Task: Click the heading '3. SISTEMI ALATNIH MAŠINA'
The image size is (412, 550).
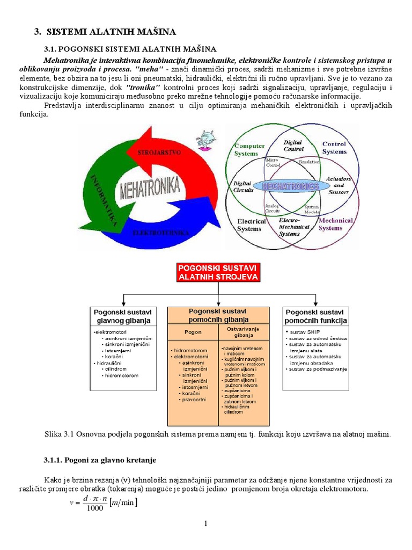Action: pyautogui.click(x=105, y=32)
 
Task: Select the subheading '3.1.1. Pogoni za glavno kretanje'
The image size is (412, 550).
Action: pyautogui.click(x=99, y=460)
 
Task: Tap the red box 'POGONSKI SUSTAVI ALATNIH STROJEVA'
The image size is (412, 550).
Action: pyautogui.click(x=218, y=272)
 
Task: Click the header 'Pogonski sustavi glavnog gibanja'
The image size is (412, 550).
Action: pyautogui.click(x=123, y=316)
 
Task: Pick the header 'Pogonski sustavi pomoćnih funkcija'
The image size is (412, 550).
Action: pyautogui.click(x=316, y=316)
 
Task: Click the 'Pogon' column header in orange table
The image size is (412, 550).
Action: pyautogui.click(x=193, y=332)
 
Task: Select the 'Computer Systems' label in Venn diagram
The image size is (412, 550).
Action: pyautogui.click(x=250, y=150)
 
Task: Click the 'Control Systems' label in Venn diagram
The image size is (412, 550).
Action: pyautogui.click(x=334, y=148)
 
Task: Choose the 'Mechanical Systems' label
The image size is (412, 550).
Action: pyautogui.click(x=336, y=224)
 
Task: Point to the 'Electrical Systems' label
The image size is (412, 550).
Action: pyautogui.click(x=252, y=225)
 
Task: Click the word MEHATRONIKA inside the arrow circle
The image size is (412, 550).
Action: pyautogui.click(x=150, y=189)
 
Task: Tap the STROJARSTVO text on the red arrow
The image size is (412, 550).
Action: pyautogui.click(x=159, y=153)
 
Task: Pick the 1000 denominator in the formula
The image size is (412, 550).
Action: pyautogui.click(x=94, y=508)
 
